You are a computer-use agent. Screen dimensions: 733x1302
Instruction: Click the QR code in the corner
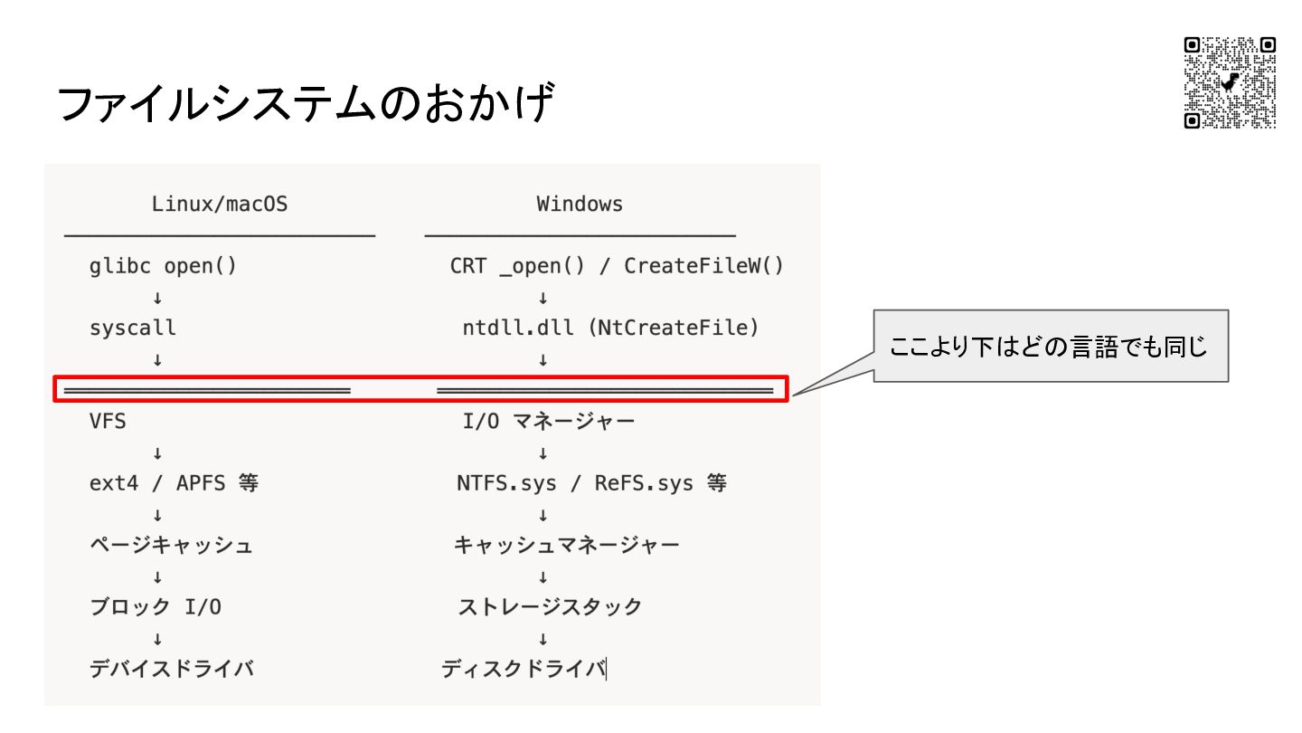click(1230, 82)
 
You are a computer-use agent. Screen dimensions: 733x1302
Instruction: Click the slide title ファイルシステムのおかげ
click(304, 104)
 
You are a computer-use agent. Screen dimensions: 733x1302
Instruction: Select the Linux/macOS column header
click(220, 205)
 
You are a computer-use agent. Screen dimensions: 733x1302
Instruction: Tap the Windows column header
click(580, 205)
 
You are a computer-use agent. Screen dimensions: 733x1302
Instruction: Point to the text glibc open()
click(163, 267)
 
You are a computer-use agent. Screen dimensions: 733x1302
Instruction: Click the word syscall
click(133, 328)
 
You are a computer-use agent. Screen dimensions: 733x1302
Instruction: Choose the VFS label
click(108, 421)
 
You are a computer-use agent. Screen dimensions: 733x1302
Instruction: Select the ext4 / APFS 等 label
click(174, 483)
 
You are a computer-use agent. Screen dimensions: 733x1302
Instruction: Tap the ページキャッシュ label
click(171, 546)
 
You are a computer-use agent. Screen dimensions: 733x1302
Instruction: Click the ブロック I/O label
click(156, 607)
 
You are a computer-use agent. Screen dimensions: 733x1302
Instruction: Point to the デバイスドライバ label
click(171, 670)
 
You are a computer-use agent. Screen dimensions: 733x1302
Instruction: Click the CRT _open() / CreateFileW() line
click(617, 267)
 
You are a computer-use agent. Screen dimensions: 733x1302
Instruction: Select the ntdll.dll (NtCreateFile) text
click(610, 328)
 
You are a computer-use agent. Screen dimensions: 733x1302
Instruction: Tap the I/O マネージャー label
click(549, 421)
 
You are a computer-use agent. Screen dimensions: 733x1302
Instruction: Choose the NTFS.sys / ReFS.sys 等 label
click(591, 483)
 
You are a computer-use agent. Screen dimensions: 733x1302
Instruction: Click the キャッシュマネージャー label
click(567, 546)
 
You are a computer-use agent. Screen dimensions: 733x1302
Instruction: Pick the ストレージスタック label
click(550, 607)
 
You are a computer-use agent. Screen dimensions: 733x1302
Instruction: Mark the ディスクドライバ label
click(524, 670)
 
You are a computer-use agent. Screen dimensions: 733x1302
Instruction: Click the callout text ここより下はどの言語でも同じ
click(1049, 347)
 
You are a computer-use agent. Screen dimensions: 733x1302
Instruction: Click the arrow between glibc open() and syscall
click(157, 298)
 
